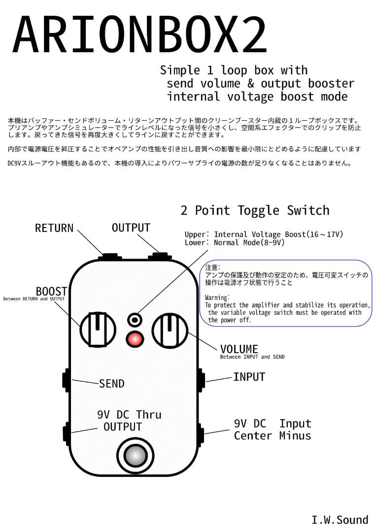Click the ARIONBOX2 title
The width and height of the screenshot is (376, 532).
[139, 35]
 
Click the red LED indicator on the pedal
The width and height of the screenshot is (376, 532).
[134, 339]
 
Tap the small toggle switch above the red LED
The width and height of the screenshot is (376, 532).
[134, 320]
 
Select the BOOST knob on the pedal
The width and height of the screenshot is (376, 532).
[98, 329]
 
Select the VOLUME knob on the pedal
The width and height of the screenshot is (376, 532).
[170, 329]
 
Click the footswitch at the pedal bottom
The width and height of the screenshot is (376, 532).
[134, 456]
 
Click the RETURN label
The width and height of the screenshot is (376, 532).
[54, 228]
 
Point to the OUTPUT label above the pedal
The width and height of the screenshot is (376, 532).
[131, 228]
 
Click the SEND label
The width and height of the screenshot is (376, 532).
[111, 384]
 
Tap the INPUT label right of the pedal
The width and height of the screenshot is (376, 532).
[249, 377]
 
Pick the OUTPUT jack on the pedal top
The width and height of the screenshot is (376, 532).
[160, 256]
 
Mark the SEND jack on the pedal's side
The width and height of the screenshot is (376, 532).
[66, 380]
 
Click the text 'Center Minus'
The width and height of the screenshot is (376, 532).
[272, 435]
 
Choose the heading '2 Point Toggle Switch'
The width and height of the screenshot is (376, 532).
[255, 210]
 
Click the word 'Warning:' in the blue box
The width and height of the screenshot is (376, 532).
[217, 298]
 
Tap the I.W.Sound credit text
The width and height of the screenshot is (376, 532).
[340, 520]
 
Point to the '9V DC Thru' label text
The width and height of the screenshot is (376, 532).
[129, 415]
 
